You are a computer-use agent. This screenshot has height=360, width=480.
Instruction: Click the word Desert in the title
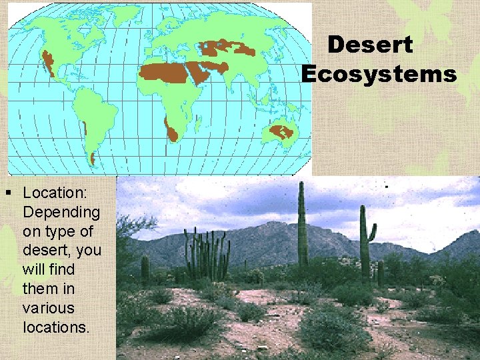371,45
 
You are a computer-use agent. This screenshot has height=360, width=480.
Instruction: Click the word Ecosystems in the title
379,73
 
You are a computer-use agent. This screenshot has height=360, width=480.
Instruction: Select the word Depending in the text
61,213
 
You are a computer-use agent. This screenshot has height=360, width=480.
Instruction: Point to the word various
49,309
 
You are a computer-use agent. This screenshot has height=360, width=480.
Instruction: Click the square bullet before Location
8,193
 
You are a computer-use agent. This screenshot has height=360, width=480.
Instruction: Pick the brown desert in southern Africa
171,129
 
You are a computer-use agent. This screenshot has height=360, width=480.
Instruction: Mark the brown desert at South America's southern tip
92,158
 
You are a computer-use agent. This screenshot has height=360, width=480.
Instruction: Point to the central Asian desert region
227,47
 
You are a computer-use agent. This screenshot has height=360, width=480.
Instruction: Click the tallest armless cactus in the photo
302,223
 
